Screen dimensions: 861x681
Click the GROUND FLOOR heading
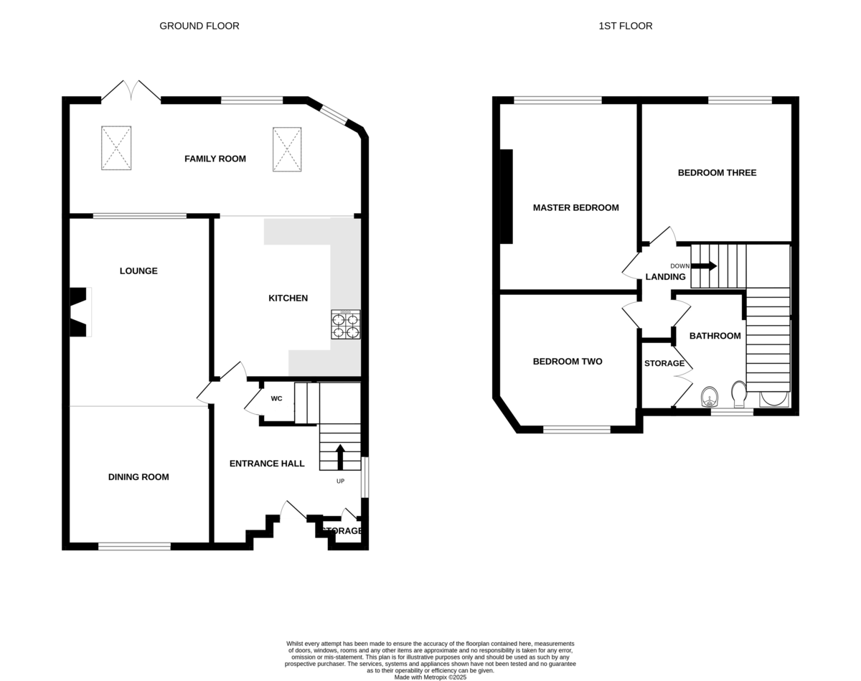coord(199,26)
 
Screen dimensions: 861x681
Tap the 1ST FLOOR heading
coord(626,26)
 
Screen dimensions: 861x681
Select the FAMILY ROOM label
coord(215,159)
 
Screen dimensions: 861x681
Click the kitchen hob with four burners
coord(346,324)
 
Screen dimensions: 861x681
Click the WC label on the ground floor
coord(276,398)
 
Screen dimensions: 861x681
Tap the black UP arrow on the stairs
coord(341,456)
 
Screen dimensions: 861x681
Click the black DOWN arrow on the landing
coord(704,266)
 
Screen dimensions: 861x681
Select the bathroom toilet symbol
coord(739,394)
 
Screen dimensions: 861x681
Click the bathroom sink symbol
coord(710,397)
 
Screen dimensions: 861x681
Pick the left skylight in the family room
coord(116,148)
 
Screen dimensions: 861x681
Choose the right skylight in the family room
coord(287,149)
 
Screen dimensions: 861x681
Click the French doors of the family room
coord(131,91)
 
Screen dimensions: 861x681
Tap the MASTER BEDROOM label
coord(575,207)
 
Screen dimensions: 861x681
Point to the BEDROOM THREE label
coord(717,173)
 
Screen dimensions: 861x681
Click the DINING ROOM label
coord(138,477)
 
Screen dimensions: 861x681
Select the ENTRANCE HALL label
coord(267,464)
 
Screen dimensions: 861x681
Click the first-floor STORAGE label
coord(664,363)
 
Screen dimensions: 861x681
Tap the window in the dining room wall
coord(134,546)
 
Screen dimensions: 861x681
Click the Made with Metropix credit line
coord(430,677)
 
